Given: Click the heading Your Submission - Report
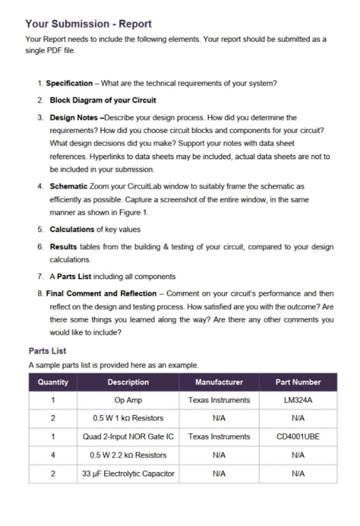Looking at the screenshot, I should [x=88, y=24].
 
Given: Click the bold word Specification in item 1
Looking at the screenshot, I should [x=69, y=83].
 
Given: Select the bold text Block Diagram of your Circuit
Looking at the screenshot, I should [x=103, y=100].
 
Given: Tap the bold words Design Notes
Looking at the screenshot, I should [x=74, y=117].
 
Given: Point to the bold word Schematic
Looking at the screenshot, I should [x=68, y=186].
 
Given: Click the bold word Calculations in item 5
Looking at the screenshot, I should [x=72, y=229].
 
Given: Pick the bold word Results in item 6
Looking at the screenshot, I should [x=63, y=247].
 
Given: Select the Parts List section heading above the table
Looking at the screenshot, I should [x=47, y=351].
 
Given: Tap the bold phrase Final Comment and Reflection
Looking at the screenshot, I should [x=101, y=294].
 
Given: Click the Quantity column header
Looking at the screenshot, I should [x=53, y=382].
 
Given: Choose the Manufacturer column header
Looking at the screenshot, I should [x=219, y=382].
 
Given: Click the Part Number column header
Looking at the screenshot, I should [x=298, y=382].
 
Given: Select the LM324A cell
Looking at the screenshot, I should [x=298, y=400].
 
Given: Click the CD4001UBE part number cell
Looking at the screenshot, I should [x=298, y=437].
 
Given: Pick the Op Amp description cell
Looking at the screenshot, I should [x=128, y=400].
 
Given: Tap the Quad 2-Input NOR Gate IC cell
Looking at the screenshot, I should [x=128, y=437].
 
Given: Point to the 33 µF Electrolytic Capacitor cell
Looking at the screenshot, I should [x=128, y=474].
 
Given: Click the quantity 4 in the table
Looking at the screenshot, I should [x=53, y=455].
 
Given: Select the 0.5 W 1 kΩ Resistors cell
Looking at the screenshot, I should [x=128, y=418].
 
